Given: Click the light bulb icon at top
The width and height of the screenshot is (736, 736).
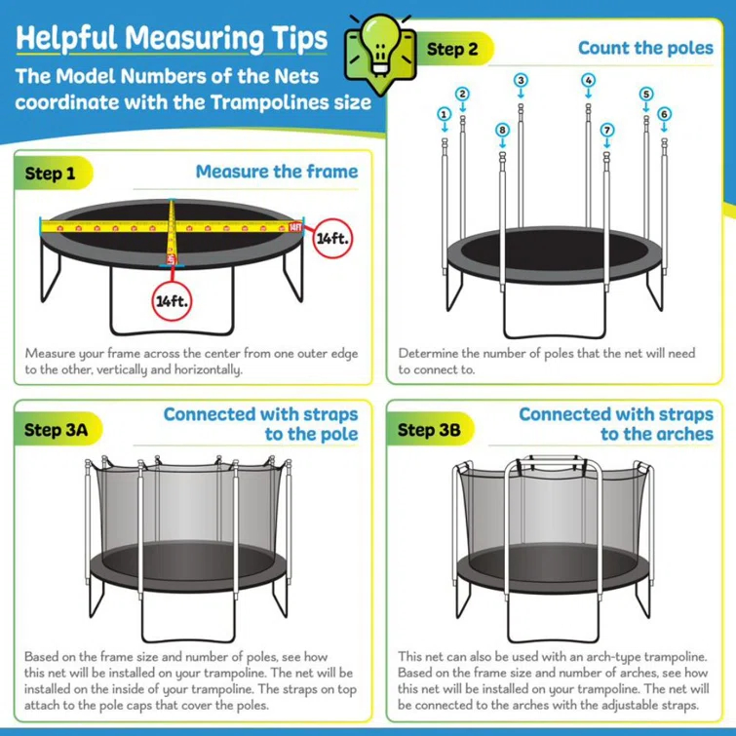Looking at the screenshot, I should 378,46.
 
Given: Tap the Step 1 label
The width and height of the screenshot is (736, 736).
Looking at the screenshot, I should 50,174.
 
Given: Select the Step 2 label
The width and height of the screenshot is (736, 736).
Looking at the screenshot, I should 452,49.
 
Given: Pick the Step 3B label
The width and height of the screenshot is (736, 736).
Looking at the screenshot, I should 429,429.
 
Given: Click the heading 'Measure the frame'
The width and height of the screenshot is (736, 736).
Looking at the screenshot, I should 276,172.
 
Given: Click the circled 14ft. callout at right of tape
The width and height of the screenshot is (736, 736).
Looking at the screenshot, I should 331,236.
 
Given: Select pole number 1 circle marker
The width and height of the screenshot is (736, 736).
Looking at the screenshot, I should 445,114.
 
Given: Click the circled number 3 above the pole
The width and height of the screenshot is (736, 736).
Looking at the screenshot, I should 522,80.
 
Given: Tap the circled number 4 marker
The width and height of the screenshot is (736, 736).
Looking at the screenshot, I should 588,80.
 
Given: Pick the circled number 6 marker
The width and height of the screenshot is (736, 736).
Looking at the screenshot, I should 664,114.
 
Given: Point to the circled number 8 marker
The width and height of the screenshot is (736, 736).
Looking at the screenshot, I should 502,129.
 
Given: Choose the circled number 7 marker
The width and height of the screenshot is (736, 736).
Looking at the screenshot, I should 607,129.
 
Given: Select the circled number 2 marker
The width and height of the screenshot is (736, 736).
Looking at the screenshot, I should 463,94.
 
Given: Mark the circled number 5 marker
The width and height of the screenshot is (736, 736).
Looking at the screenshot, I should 645,94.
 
